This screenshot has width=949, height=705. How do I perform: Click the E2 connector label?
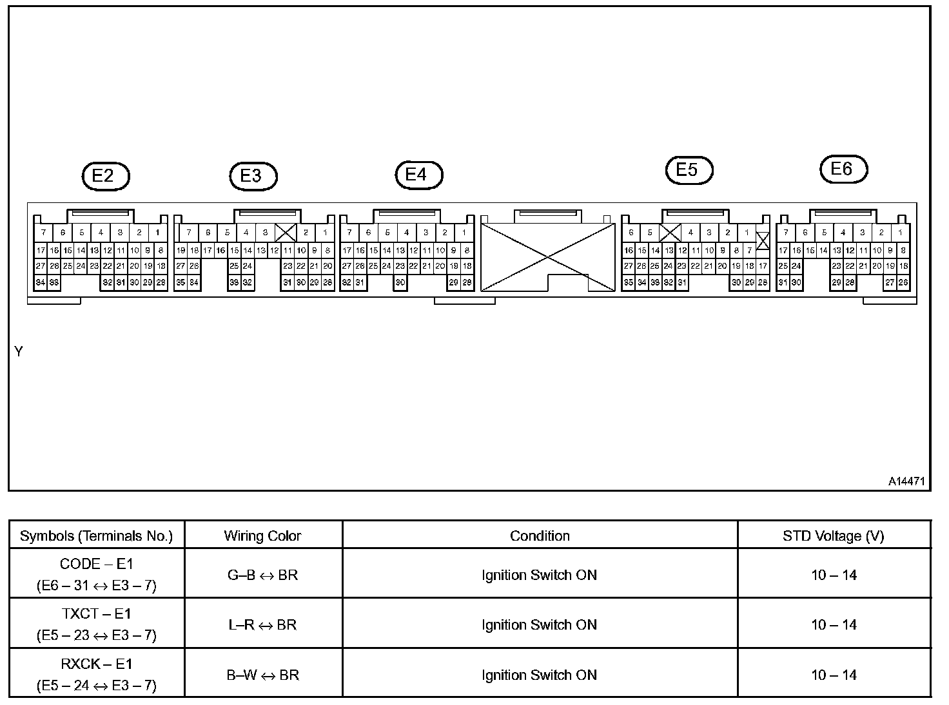106,175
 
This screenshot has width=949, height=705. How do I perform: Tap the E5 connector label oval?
689,170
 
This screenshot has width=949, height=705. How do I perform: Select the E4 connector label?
419,175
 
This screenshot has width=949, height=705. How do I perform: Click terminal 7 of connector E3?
188,233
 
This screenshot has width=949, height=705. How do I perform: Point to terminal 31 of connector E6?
783,282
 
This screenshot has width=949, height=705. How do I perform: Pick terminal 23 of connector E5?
682,266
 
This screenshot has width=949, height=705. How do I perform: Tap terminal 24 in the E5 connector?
669,266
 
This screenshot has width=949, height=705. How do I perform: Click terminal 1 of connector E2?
158,233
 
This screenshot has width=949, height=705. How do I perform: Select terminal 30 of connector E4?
400,282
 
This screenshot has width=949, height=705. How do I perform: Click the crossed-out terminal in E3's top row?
285,233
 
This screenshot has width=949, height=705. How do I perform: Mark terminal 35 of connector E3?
181,282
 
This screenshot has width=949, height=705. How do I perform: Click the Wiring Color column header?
262,536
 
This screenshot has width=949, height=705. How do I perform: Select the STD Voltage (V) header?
834,536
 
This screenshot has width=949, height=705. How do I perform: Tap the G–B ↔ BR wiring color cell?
262,575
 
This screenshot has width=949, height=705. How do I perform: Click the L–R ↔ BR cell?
262,625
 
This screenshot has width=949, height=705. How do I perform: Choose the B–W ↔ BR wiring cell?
262,675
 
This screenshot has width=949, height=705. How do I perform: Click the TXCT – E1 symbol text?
96,614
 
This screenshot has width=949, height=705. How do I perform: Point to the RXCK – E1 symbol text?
96,664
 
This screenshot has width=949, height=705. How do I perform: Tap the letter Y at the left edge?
19,352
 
